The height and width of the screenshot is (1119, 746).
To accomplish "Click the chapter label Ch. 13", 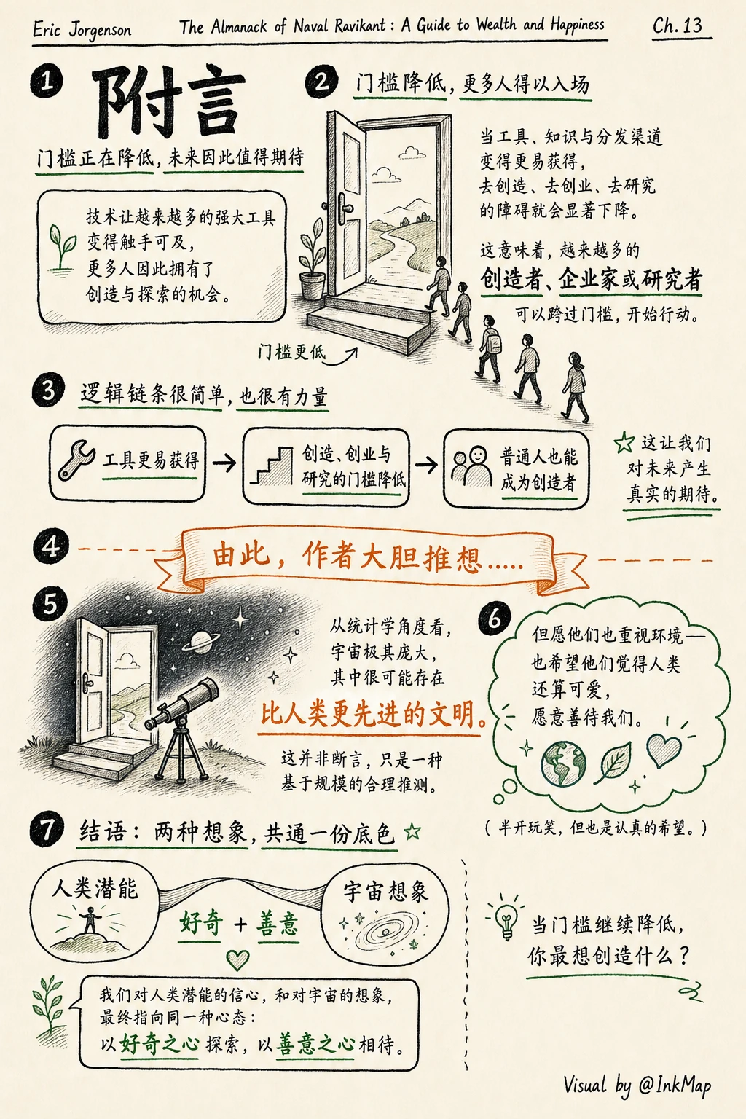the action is [678, 25].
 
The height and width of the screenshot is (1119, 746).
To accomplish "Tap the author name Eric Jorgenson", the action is [82, 30].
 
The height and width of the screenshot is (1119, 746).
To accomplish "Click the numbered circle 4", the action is [50, 546].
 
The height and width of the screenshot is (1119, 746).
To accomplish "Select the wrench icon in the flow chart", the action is [76, 460].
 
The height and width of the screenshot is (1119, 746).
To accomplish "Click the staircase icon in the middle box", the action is [271, 466].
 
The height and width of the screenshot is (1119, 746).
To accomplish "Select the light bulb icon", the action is [506, 919].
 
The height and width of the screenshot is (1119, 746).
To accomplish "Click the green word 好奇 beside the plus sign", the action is [201, 923].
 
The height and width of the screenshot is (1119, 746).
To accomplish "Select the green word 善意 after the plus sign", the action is [278, 924].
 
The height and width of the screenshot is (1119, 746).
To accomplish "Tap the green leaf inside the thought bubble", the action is [614, 762].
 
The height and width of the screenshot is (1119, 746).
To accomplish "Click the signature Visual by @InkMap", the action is [637, 1085].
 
